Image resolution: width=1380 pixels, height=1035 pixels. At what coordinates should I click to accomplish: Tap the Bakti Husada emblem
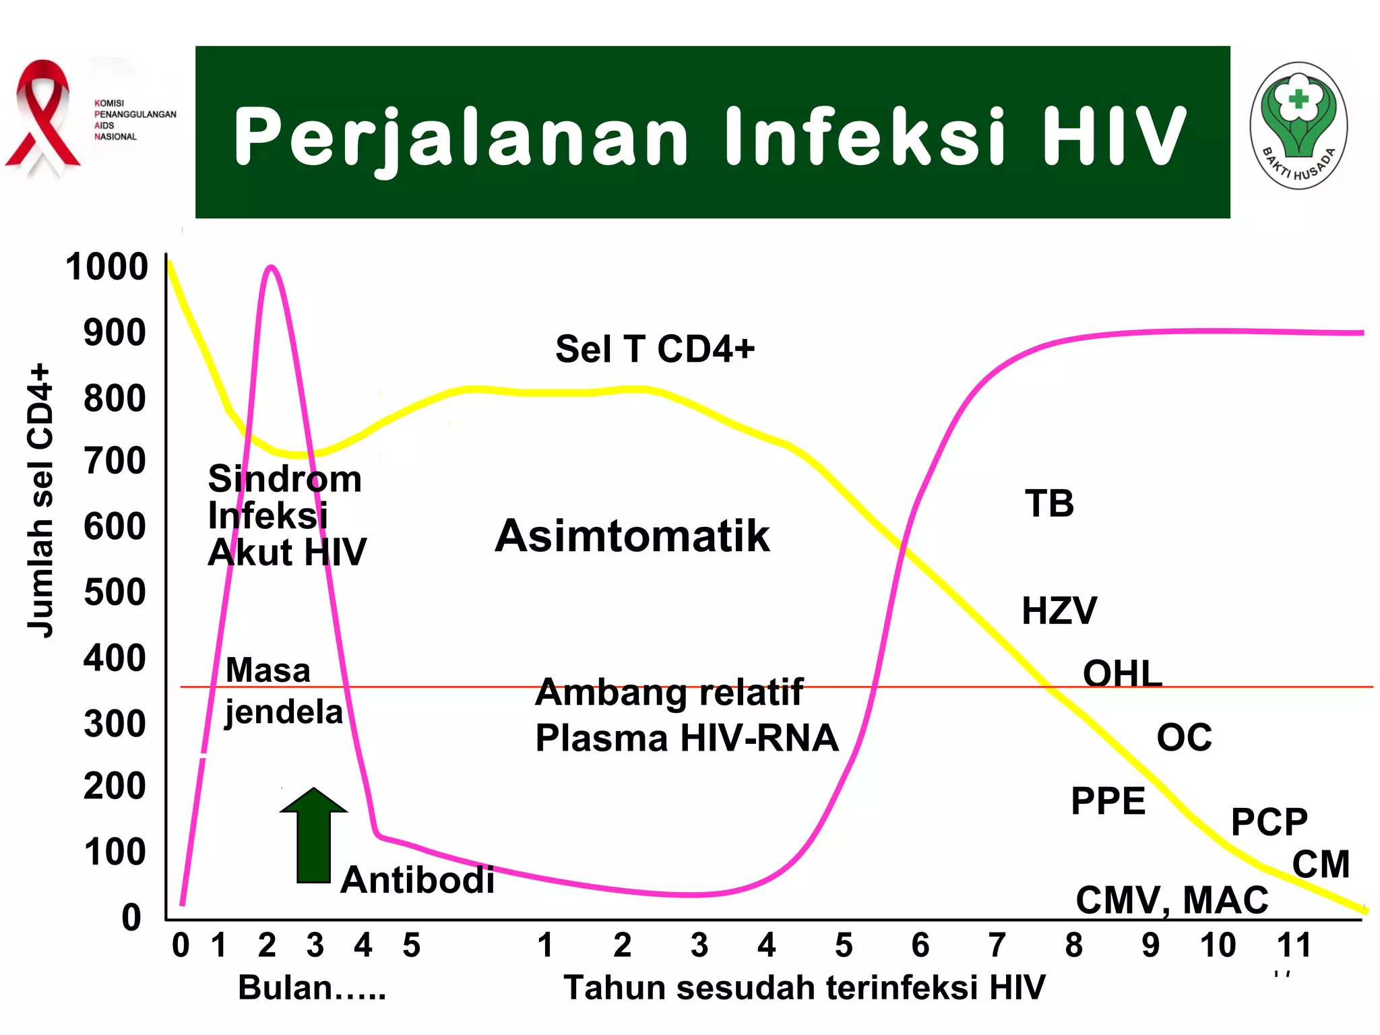point(1298,127)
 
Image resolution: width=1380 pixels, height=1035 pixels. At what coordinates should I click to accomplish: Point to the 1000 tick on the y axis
point(106,267)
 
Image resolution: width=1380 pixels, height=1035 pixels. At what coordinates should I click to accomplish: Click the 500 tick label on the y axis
point(115,593)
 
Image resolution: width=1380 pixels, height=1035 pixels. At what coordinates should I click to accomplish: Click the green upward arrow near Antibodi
point(313,836)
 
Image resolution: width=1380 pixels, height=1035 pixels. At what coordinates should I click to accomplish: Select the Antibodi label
point(417,880)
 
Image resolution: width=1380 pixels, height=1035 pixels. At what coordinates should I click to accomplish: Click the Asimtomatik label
point(632,536)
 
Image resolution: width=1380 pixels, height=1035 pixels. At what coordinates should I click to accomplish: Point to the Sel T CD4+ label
point(654,349)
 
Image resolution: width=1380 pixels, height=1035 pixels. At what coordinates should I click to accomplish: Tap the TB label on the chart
point(1049,504)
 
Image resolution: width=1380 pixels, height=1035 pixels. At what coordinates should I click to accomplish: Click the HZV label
point(1059,611)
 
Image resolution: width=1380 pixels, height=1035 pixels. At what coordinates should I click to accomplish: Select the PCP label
point(1269,822)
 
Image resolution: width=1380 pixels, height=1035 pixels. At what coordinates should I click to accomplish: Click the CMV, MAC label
point(1172,900)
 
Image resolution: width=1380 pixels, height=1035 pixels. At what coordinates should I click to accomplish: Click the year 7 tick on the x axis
point(997,945)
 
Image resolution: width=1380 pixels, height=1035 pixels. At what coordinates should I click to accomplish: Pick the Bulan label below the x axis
point(312,989)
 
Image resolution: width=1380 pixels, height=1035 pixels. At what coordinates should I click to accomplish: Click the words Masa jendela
point(283,691)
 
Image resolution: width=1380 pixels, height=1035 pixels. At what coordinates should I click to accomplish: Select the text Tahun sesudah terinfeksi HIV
point(805,989)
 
